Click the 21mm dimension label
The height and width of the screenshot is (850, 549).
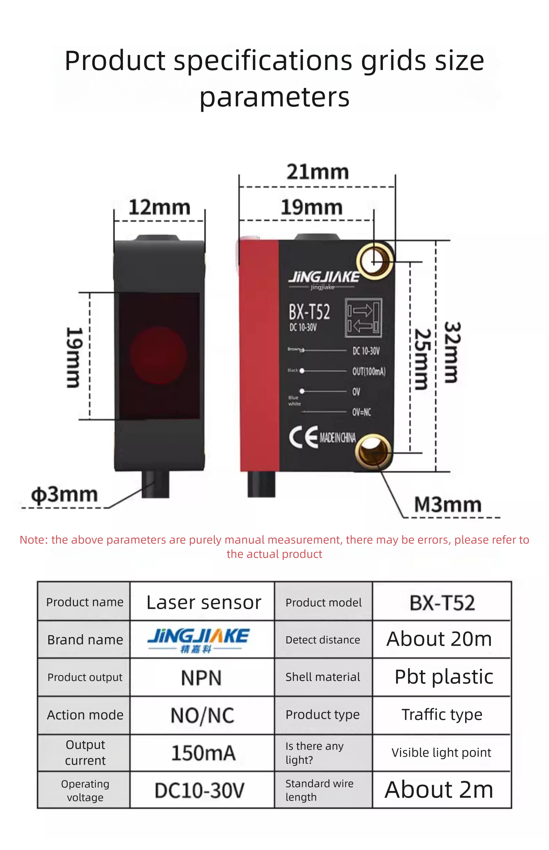(317, 172)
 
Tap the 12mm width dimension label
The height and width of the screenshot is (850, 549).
(159, 207)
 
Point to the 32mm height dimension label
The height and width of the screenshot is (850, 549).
(453, 352)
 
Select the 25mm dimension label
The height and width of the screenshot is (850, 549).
(422, 359)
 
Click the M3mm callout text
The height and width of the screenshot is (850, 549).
(448, 504)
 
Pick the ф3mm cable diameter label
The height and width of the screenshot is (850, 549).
(64, 495)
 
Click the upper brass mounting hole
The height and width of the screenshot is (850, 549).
(374, 261)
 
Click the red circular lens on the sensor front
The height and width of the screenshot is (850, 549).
(158, 355)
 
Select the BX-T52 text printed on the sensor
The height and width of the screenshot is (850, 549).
(309, 312)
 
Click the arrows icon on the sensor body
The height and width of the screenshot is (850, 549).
(363, 318)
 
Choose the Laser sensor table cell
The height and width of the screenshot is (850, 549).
(204, 603)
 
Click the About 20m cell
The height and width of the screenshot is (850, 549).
(439, 639)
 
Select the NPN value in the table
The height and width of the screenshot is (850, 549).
(201, 678)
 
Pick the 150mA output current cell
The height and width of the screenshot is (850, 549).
(203, 753)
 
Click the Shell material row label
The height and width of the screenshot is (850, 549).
(322, 677)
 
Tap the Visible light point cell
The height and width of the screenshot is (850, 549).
(441, 753)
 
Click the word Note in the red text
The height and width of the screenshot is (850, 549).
(34, 540)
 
